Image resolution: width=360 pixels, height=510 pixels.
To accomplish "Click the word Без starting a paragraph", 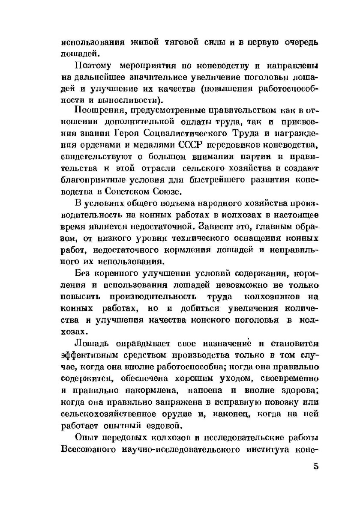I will (x=82, y=273).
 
